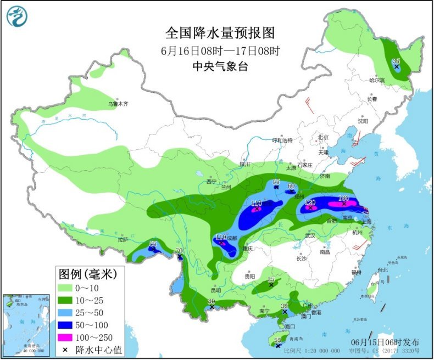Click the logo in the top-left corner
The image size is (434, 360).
[17, 16]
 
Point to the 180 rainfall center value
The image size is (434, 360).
[344, 198]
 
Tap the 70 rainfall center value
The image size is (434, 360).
[179, 251]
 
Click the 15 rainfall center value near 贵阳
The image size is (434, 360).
[270, 280]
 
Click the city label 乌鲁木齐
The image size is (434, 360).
[117, 104]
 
